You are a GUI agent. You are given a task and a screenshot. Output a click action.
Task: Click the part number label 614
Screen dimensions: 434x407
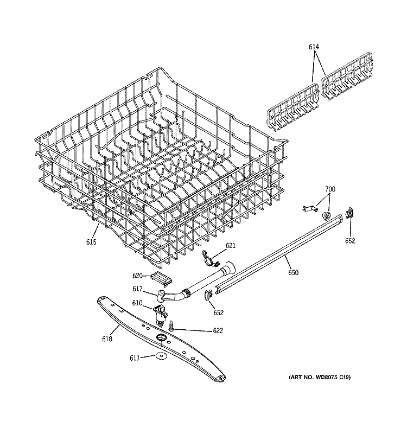pos(314,47)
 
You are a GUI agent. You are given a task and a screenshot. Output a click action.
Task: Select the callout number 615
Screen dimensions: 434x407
pos(91,242)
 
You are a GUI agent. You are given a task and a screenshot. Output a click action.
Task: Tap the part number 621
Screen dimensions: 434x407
pos(231,246)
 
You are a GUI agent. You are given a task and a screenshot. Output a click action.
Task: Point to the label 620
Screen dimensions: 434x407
pos(137,276)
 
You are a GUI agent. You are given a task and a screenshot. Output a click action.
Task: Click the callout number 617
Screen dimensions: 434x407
pos(138,290)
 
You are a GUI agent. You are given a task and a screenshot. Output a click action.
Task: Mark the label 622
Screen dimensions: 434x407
pos(203,330)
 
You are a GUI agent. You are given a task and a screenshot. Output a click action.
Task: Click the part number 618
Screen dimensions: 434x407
pos(107,339)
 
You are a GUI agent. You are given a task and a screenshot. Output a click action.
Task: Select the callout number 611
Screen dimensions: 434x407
pos(135,358)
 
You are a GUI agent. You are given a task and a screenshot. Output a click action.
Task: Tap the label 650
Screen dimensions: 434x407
pos(293,272)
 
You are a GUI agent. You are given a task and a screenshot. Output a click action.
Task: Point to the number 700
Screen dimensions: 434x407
pos(330,189)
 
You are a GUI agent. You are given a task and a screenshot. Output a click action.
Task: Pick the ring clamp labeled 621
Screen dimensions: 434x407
pos(209,257)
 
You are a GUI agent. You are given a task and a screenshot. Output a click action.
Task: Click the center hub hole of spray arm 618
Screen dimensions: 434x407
pos(161,339)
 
